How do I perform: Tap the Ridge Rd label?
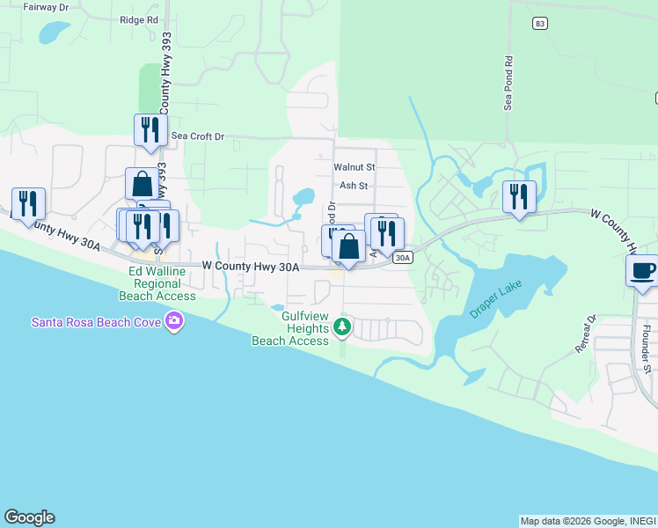pos(138,19)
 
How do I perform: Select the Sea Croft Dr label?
pos(198,136)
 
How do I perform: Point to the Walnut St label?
pos(355,166)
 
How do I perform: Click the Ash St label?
pos(353,186)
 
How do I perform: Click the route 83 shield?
pos(540,24)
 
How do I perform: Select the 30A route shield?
pos(403,257)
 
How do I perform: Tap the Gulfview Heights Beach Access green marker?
pos(343,329)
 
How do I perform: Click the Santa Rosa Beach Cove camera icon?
pos(174,321)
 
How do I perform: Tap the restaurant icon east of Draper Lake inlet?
pos(519,196)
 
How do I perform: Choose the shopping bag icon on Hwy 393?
pos(142,185)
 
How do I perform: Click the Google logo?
pos(29,517)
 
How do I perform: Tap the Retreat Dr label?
pos(586,334)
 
